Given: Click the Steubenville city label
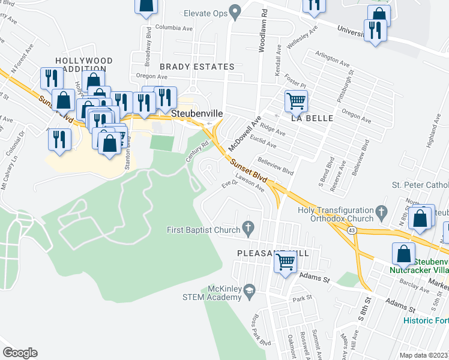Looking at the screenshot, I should point(197,113).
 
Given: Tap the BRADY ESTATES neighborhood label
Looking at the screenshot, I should point(196,67).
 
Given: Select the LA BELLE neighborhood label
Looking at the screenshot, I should point(312,118).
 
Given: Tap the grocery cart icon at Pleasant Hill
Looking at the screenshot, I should point(286,262).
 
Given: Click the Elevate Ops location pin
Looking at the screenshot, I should point(235,12).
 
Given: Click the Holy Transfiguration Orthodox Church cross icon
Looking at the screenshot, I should point(381,212).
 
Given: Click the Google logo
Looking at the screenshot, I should point(20,352).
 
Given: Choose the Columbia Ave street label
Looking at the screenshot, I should point(173,28).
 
